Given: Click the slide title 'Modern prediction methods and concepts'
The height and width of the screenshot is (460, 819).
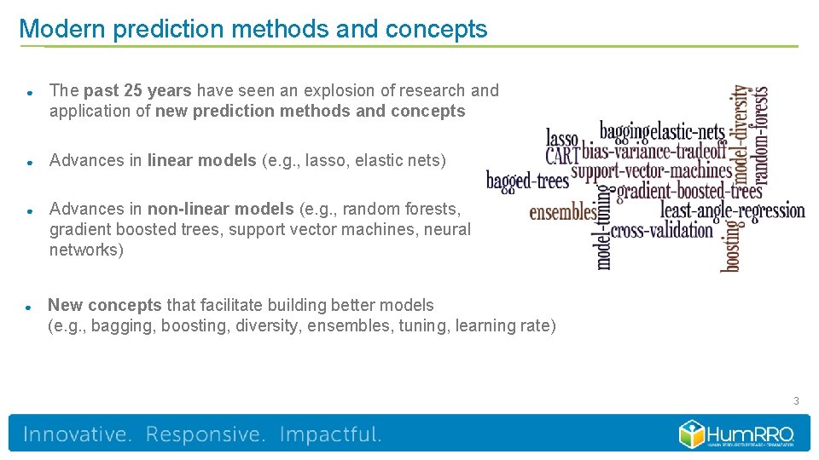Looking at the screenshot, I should (x=253, y=29).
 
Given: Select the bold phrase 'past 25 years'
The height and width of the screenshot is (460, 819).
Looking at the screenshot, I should (x=140, y=90).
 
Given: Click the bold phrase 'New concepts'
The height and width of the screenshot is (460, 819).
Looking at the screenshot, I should (x=104, y=305).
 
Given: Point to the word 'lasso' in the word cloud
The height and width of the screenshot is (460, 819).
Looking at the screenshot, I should (x=562, y=138).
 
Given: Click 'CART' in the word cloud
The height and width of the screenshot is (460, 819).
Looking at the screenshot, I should (x=562, y=155).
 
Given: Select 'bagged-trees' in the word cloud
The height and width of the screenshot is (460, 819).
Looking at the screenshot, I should (x=527, y=181).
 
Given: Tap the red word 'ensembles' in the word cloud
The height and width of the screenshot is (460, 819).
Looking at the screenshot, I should (x=563, y=211).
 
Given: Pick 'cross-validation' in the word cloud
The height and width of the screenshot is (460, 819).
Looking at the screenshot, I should (x=662, y=230).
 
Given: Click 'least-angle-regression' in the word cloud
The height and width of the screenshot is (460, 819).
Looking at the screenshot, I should (x=732, y=210).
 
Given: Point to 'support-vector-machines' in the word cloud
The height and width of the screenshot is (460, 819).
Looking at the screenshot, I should (x=652, y=170).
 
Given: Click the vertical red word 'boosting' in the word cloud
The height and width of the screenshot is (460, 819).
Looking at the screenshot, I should (x=731, y=245).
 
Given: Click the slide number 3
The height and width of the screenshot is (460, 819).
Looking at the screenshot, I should (x=796, y=400).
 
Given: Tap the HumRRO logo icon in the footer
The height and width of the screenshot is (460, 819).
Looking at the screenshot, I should (x=690, y=434).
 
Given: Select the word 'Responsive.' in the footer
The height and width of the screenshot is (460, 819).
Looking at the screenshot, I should (x=206, y=434).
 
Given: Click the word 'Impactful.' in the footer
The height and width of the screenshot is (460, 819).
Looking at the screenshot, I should (x=331, y=434).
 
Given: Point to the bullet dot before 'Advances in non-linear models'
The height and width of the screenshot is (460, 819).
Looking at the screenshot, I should (x=29, y=210).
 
